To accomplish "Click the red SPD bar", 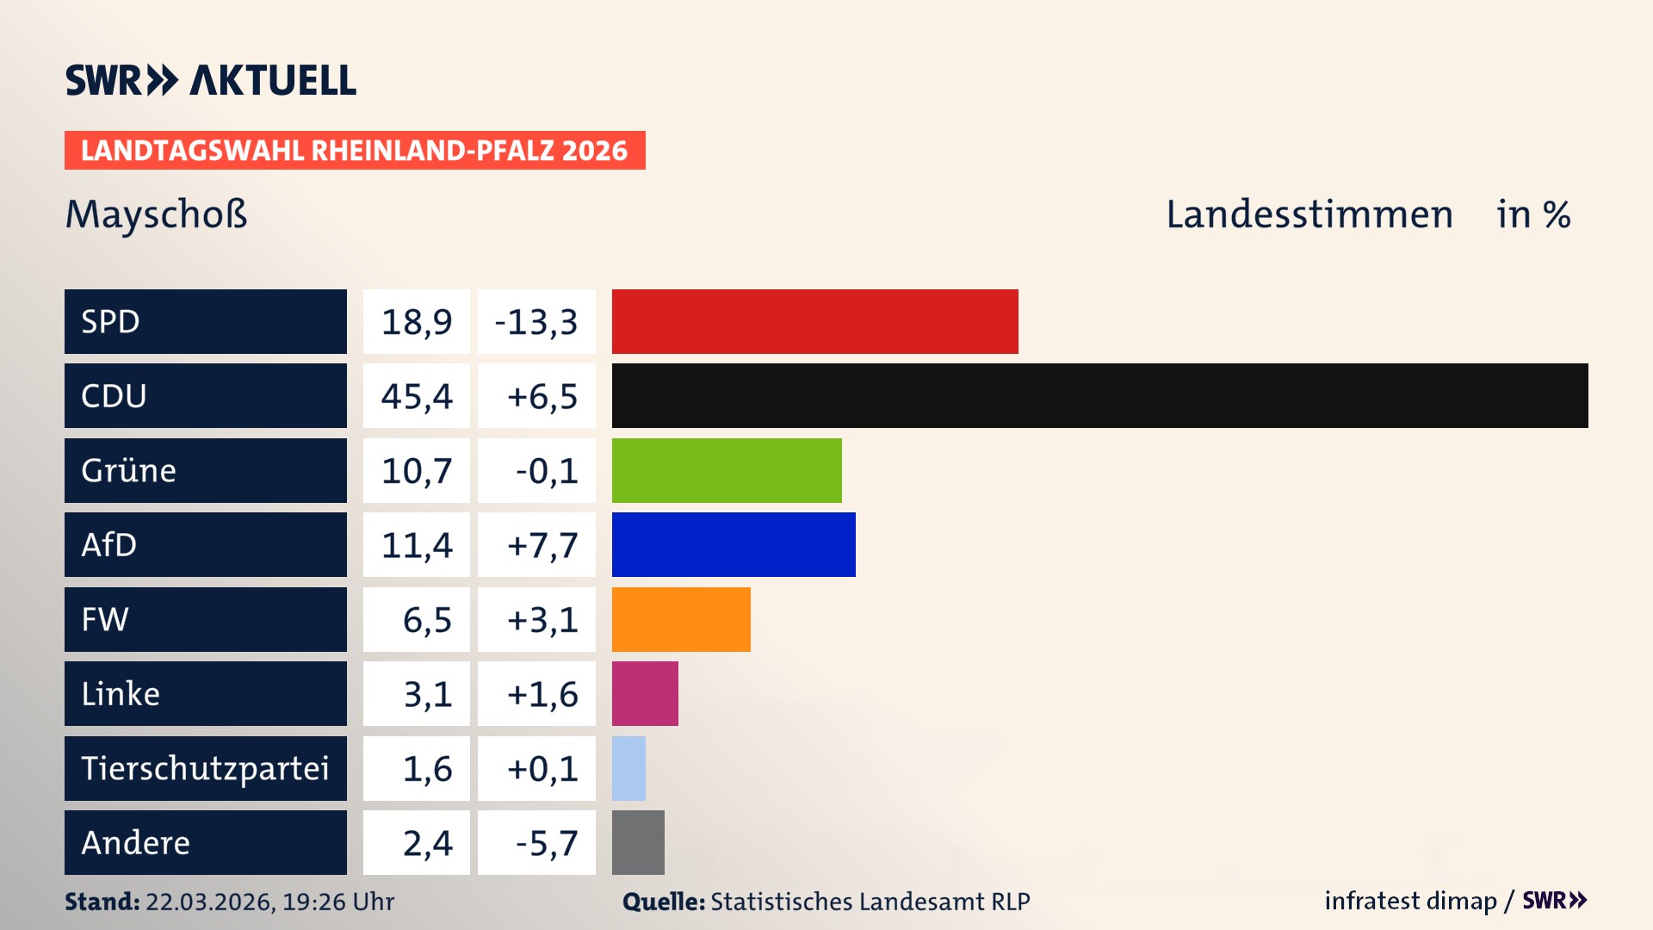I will [x=814, y=321].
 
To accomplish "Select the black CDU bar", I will [x=1099, y=395].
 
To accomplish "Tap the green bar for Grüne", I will [x=727, y=470].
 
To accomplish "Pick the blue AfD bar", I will [x=734, y=544].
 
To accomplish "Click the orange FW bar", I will [x=681, y=619].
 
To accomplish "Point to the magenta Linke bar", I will [x=645, y=693].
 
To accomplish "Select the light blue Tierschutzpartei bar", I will [x=628, y=768].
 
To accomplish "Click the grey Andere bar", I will [x=638, y=842].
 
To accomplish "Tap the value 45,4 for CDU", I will [x=417, y=396].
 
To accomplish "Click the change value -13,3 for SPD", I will [x=536, y=322].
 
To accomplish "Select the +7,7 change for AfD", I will [x=542, y=545].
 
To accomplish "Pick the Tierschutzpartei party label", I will [x=205, y=768].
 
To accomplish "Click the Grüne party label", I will [x=129, y=470].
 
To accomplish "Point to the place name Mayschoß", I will [x=157, y=214].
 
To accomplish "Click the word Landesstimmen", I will [x=1309, y=214].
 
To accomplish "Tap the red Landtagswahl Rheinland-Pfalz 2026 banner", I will [x=355, y=151].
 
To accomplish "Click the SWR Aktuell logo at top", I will [x=211, y=80].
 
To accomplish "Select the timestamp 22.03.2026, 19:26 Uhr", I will [x=269, y=902].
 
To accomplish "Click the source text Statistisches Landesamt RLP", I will [x=870, y=902].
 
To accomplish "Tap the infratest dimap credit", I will [x=1410, y=901].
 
